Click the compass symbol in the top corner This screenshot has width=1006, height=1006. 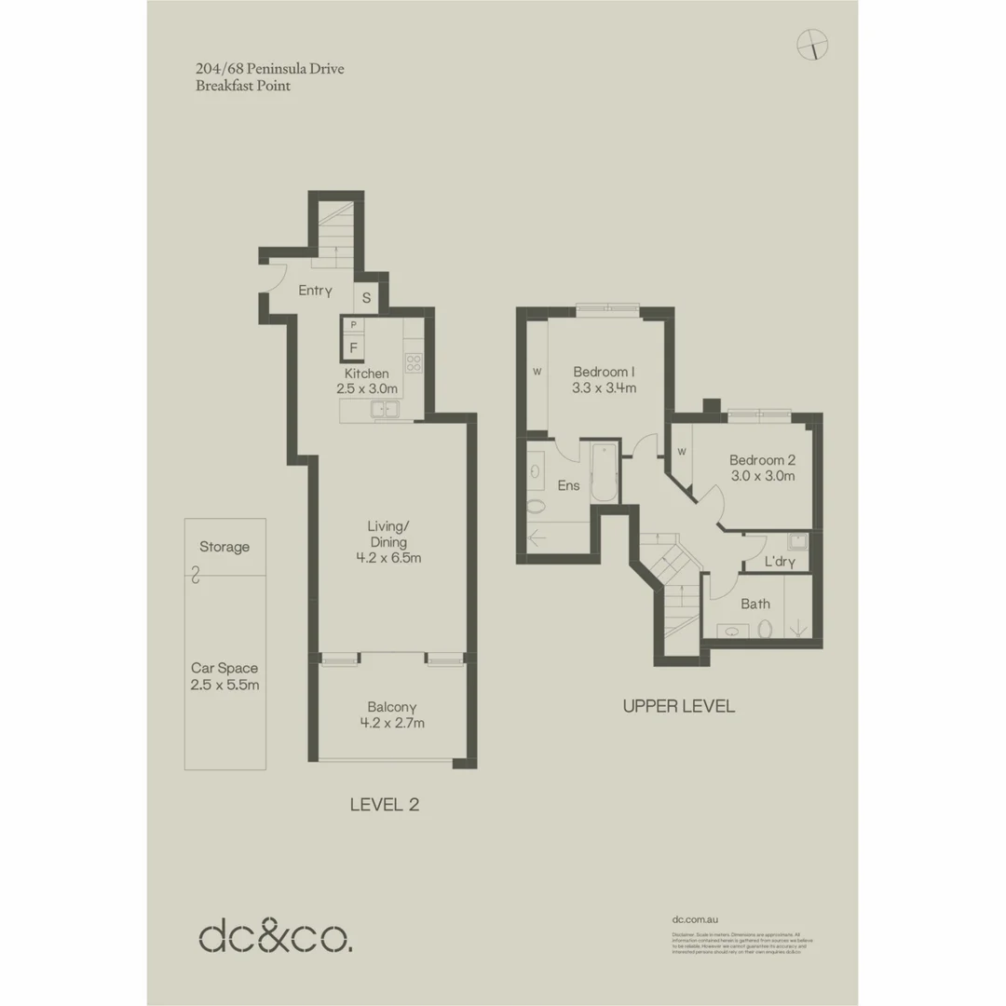(813, 44)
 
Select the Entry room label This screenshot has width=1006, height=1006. (315, 291)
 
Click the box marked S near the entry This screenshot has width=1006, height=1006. (366, 298)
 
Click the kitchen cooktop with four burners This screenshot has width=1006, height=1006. (414, 363)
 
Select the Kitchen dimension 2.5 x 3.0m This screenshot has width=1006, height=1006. (367, 389)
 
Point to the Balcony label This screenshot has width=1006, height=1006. (390, 706)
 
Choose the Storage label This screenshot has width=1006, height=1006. (224, 547)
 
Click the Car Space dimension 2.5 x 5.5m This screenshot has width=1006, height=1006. (224, 685)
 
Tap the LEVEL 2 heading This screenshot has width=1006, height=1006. (384, 805)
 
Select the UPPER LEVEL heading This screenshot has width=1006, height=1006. (678, 706)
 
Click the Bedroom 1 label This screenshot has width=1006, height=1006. (605, 368)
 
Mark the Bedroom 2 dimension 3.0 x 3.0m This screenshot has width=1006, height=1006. (762, 476)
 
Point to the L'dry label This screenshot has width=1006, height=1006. (779, 562)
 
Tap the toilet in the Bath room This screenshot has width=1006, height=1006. (766, 631)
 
